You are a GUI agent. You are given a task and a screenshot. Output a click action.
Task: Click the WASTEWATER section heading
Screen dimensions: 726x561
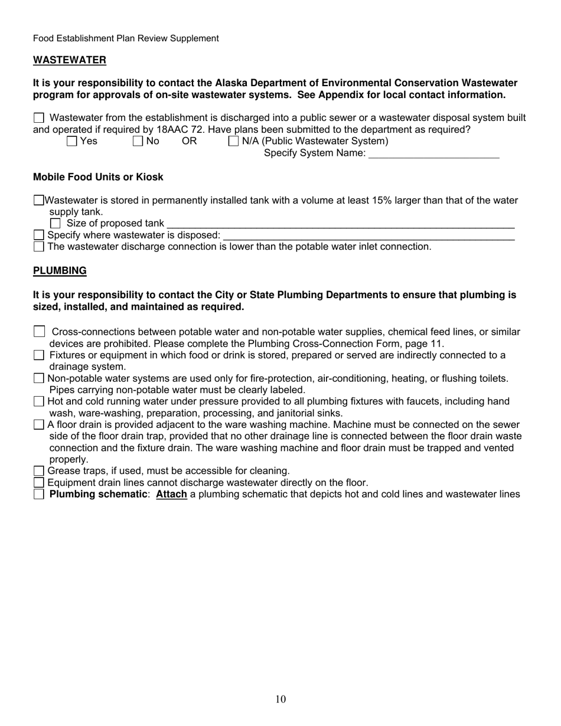70,60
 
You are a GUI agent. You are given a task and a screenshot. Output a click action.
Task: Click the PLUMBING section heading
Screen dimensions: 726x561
60,271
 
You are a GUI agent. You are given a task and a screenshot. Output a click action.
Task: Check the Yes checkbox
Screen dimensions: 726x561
71,141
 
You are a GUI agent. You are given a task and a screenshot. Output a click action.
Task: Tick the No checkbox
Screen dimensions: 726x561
138,141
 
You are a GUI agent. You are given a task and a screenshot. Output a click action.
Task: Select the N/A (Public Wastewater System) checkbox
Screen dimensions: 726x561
233,141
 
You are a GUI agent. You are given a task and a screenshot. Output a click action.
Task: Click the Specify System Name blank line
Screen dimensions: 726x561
433,154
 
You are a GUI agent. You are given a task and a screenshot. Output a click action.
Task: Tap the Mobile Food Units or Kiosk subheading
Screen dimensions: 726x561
98,177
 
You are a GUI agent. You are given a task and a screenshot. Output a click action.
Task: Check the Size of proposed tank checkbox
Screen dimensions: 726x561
56,223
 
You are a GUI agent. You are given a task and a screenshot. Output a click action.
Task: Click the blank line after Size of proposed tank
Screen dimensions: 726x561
341,224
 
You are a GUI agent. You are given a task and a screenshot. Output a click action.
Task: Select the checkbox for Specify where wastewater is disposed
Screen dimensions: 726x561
39,235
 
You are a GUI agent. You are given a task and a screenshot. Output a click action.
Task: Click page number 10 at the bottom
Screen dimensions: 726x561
280,699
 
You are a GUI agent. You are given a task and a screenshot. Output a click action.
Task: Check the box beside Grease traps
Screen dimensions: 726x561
39,471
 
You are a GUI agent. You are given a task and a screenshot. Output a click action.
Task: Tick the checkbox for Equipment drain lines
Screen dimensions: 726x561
39,483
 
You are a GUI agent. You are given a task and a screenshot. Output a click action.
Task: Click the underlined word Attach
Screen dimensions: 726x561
171,494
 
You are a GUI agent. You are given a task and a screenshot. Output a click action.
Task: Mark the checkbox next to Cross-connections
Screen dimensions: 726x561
40,332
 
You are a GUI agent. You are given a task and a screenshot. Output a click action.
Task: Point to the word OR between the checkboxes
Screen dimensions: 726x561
189,141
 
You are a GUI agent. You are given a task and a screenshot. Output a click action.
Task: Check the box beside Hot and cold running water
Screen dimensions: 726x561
39,401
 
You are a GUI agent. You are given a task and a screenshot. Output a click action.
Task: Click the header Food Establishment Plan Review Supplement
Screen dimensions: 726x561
126,38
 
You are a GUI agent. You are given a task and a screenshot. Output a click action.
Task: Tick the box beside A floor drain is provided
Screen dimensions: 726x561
39,424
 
